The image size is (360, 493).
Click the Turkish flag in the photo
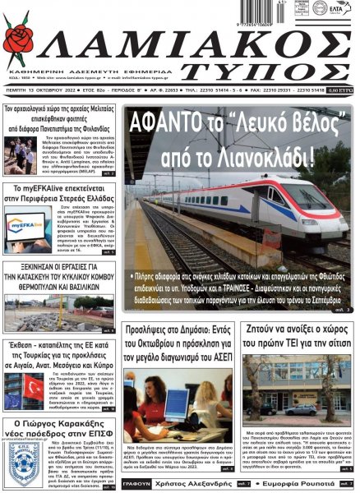click(33, 386)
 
